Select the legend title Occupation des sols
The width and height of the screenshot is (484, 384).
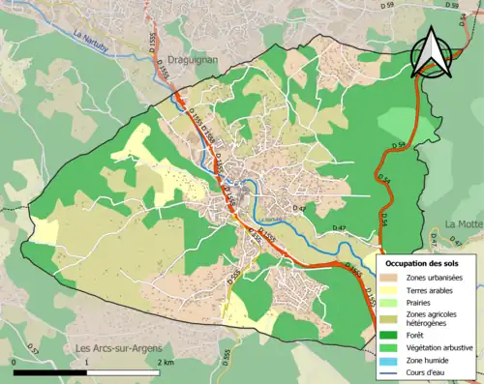422,263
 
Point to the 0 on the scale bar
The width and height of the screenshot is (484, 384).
14,362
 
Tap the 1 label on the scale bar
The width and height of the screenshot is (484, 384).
88,362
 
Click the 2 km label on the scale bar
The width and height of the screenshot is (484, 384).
166,362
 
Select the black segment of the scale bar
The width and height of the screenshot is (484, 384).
50,371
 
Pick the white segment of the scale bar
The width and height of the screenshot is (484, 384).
125,371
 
